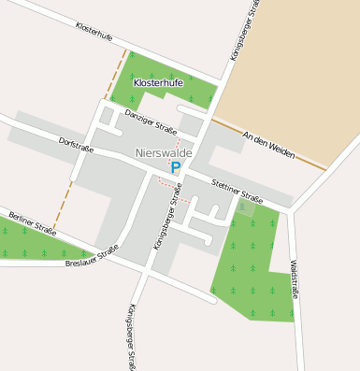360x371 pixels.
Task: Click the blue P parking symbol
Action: click(x=175, y=168)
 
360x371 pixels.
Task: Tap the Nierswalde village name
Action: click(x=164, y=152)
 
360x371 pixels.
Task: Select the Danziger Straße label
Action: click(x=150, y=117)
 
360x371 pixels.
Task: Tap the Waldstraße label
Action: click(x=295, y=279)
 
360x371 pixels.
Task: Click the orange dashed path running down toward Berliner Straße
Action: click(x=63, y=206)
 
